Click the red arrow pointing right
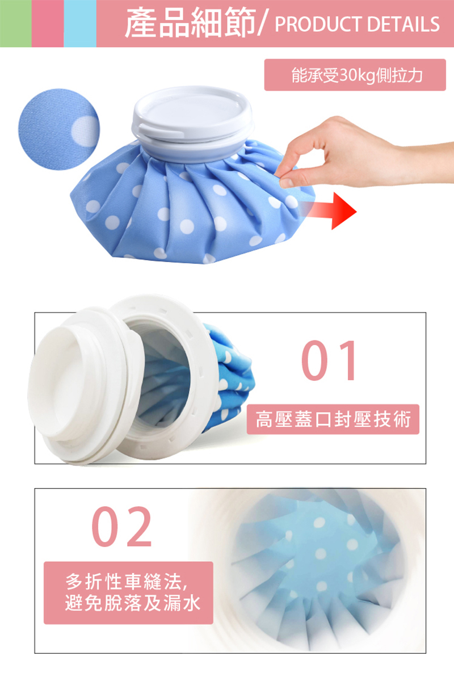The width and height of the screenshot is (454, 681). (331, 211)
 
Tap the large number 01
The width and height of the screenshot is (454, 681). (329, 360)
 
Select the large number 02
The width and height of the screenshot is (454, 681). (121, 526)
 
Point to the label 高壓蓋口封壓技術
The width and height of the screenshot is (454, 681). (333, 419)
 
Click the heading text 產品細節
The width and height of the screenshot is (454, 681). (190, 23)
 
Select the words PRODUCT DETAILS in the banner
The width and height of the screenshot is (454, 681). (358, 24)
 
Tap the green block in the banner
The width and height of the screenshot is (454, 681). (15, 23)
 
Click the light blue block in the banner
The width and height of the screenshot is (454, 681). (80, 23)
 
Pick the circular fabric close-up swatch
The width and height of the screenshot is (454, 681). (59, 129)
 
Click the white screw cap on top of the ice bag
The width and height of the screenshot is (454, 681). (192, 121)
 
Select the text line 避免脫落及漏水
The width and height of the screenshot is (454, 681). (133, 603)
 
